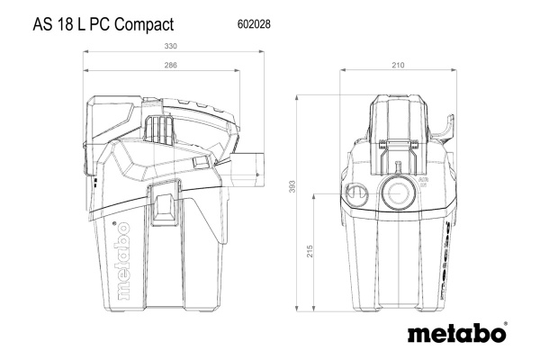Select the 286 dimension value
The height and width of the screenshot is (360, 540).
point(170,65)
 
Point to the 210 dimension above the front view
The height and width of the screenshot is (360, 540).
point(399,65)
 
